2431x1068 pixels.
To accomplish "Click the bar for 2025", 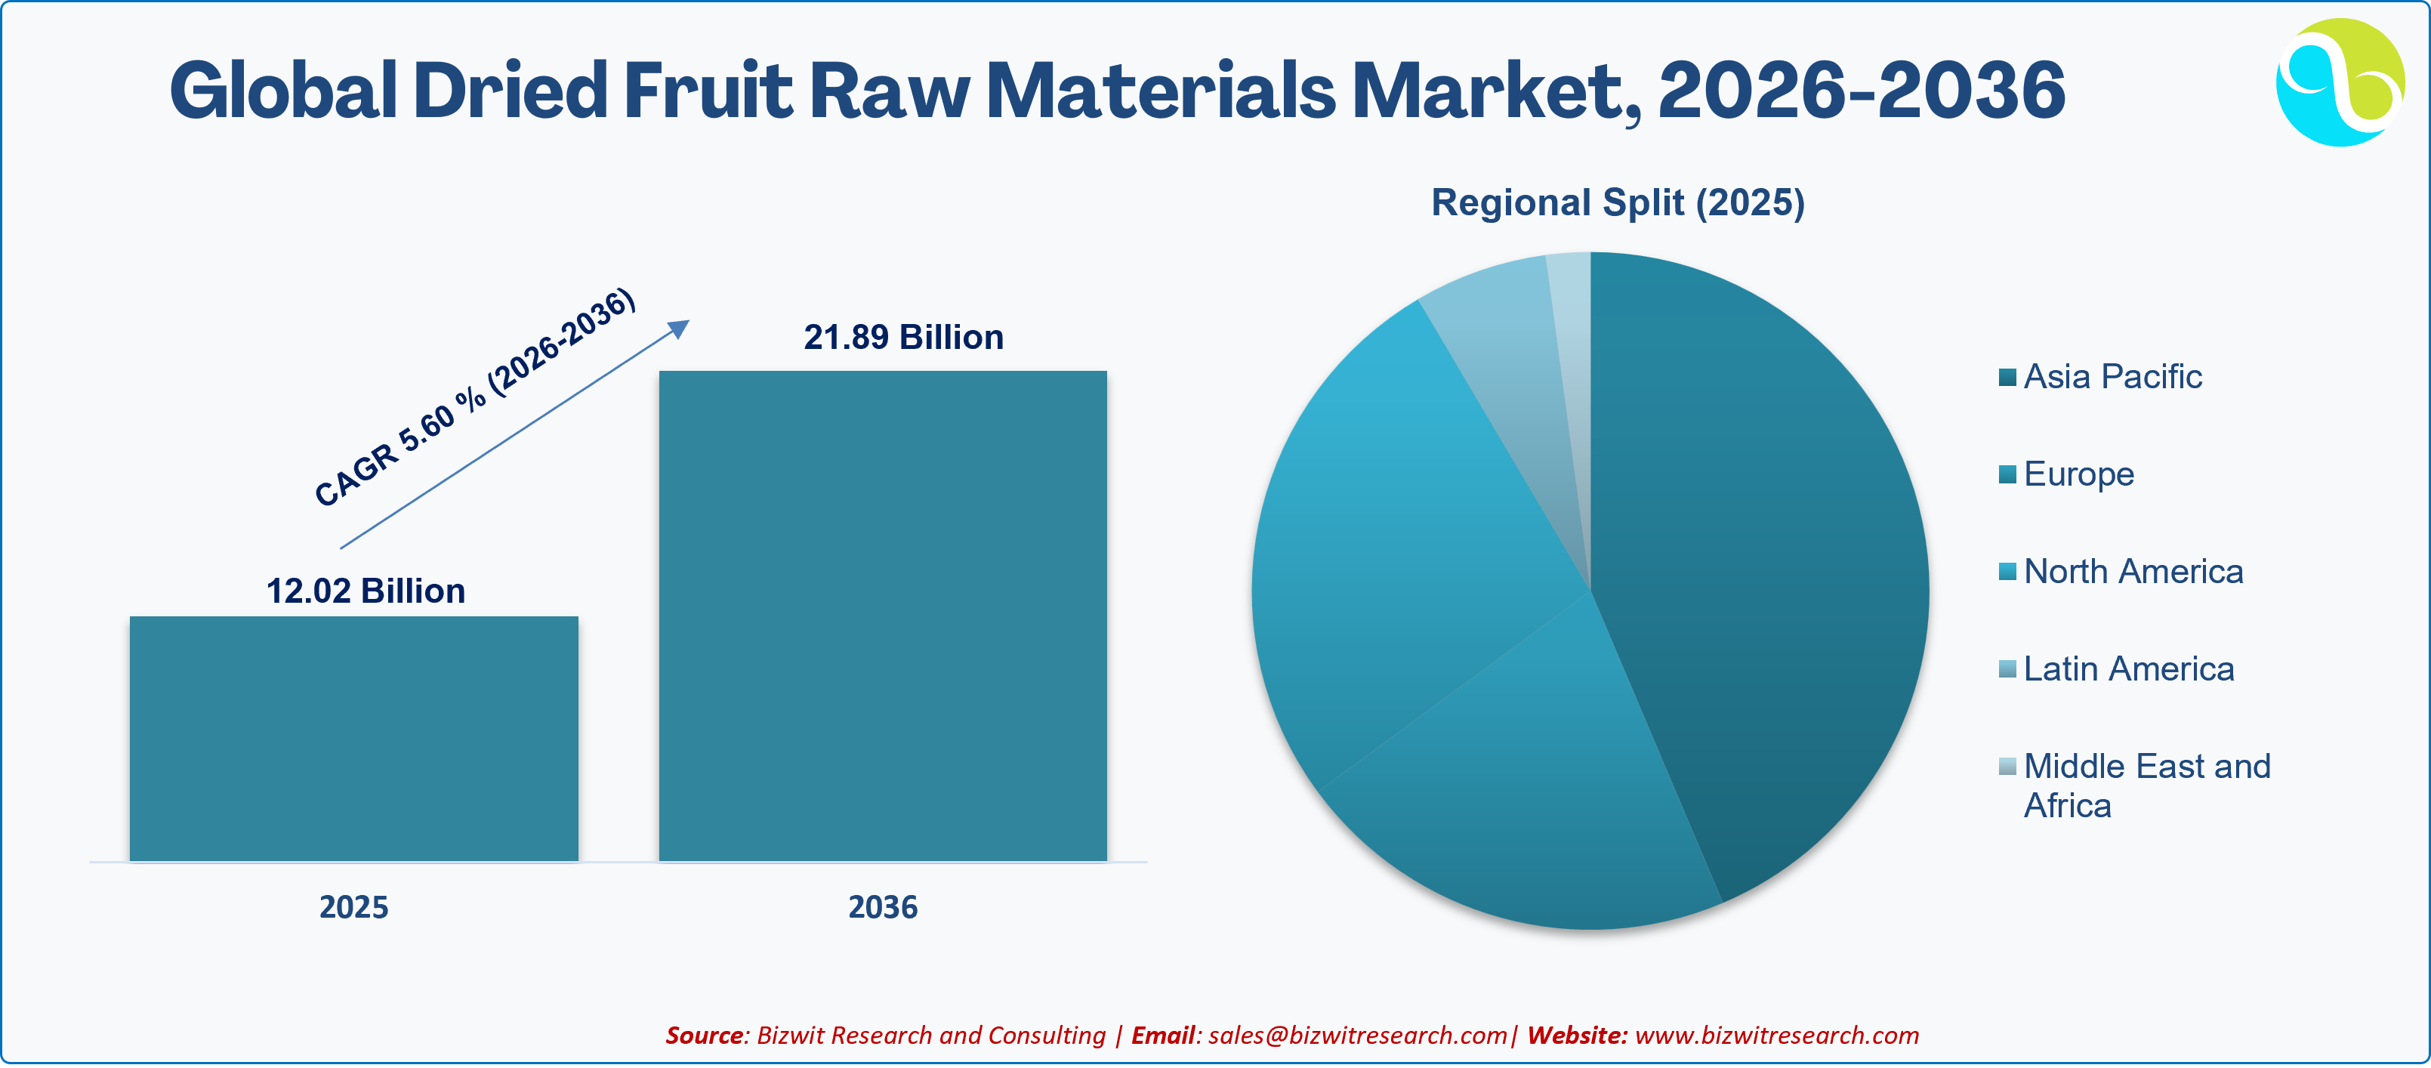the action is pos(354,738).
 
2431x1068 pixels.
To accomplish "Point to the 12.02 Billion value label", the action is pos(366,591).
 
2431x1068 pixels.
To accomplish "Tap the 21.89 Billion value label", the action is pos(903,337).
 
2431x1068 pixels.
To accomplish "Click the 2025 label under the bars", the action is pos(354,906).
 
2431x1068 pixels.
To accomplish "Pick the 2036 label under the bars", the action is pos(882,906).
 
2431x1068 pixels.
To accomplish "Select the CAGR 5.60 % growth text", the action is pos(475,397).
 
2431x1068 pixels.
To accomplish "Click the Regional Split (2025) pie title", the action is pos(1618,202).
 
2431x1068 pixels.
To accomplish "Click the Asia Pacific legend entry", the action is pos(2101,376).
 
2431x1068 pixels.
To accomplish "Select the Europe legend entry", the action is pos(2067,474).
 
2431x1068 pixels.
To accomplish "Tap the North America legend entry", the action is pos(2121,571).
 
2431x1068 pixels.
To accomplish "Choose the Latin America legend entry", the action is pos(2117,669).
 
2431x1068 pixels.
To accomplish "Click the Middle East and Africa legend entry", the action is pos(2136,785).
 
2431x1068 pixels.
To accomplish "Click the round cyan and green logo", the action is pos(2340,82).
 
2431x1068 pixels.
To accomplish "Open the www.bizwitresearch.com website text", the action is pos(1777,1035).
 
